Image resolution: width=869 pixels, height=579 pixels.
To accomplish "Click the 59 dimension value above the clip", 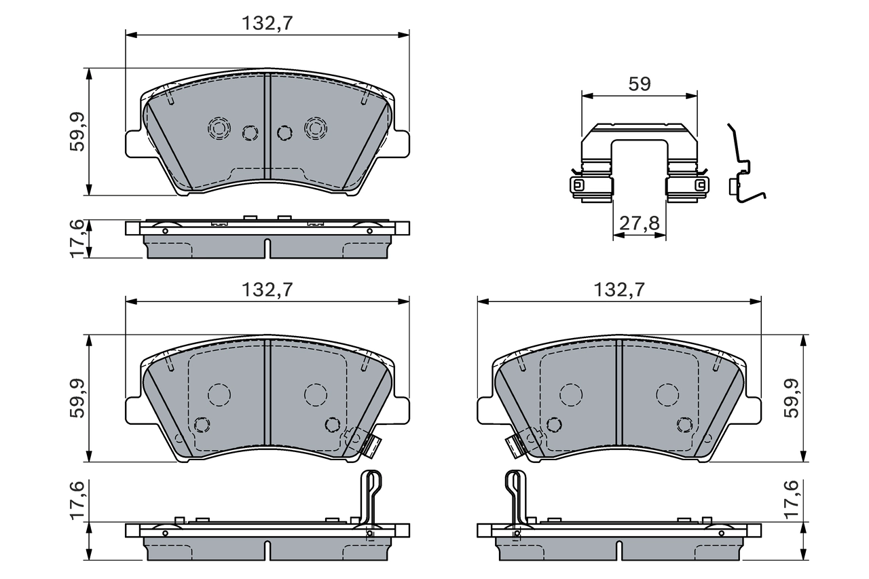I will (640, 84).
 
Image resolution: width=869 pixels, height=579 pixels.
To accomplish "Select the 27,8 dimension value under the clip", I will (639, 224).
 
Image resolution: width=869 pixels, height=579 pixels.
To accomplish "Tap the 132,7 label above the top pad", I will (267, 23).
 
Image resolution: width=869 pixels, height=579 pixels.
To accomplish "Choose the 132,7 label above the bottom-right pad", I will (618, 290).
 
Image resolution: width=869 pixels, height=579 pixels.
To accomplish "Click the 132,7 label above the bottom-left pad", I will (267, 290).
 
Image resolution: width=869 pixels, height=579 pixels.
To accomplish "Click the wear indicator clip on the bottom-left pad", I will (367, 444).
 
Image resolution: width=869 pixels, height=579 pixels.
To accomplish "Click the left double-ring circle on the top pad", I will (219, 127).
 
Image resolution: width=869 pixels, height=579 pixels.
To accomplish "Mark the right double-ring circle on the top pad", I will (315, 127).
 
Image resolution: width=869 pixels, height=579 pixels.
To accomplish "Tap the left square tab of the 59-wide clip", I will (578, 185).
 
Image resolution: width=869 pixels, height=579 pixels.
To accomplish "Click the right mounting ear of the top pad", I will (401, 143).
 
